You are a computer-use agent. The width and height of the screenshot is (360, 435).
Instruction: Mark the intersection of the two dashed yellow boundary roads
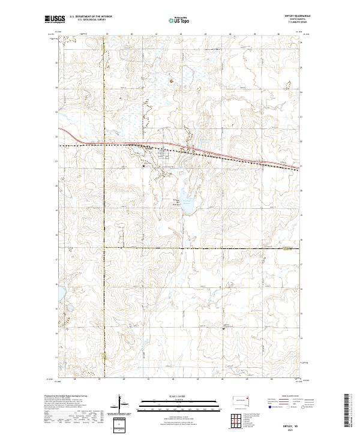click(103, 247)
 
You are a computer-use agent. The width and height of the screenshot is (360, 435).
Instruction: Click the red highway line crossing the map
click(240, 158)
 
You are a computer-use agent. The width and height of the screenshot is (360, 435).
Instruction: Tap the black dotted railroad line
click(120, 145)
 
